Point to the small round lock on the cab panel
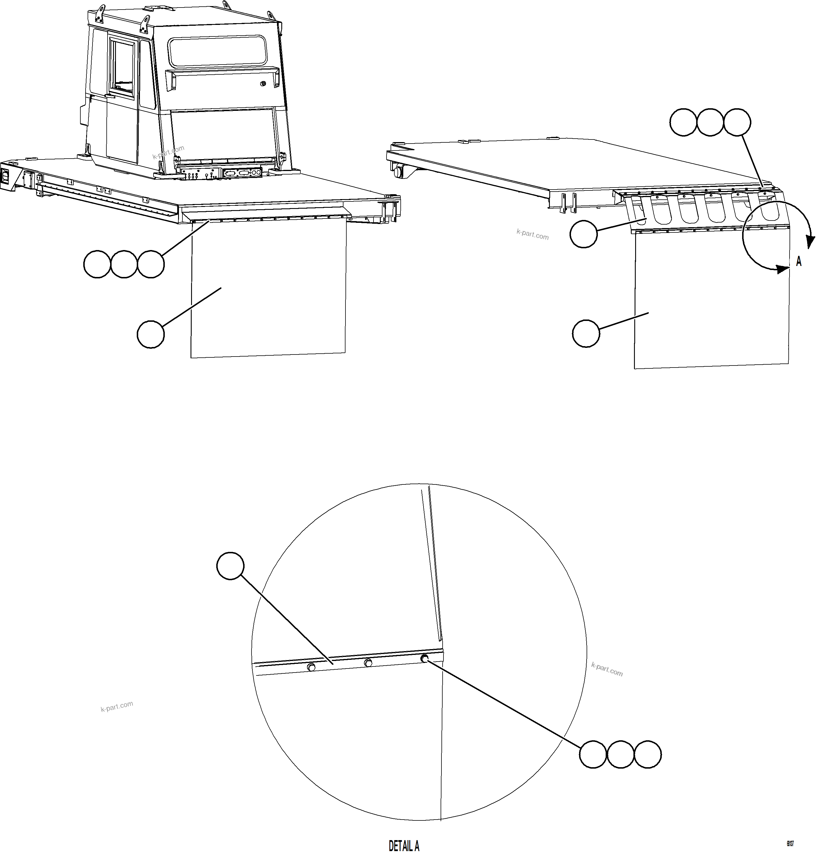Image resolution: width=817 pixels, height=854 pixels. [x=263, y=84]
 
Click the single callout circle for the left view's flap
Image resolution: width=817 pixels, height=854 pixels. [x=151, y=334]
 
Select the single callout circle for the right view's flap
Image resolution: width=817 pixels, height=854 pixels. [x=586, y=334]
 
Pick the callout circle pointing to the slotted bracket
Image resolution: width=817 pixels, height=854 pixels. [x=583, y=234]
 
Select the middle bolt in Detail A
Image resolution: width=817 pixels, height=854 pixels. [x=368, y=663]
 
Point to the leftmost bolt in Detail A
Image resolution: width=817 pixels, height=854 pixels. [x=311, y=667]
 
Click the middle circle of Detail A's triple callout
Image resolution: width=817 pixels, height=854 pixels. [x=620, y=754]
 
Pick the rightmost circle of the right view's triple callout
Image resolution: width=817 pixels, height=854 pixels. [x=737, y=122]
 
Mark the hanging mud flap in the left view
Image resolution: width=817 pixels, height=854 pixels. [x=268, y=290]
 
